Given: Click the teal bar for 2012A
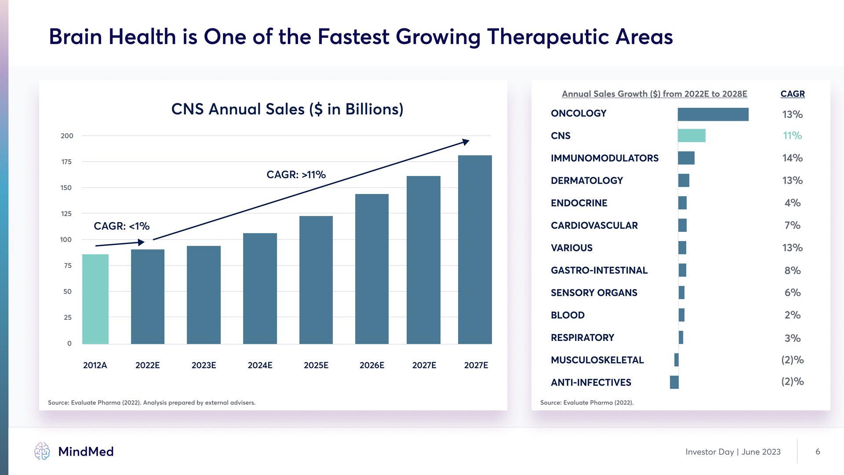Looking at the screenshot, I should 95,299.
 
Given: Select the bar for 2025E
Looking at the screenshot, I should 316,280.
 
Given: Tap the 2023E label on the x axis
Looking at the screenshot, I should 204,365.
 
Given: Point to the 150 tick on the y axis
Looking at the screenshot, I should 66,188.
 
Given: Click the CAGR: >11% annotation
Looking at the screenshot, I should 296,175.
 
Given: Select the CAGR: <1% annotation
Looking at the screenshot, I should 121,226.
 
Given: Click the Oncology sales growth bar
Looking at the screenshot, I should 713,114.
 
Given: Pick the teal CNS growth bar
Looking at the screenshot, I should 691,135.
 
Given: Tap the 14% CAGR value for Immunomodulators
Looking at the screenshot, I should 792,158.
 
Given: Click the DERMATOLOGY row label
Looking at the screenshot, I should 586,180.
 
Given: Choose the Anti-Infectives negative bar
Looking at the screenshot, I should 674,382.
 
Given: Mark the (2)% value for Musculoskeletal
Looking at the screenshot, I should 792,360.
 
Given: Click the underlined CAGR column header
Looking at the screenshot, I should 792,94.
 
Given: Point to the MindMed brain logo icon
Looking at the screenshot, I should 42,451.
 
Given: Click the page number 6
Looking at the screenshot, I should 818,452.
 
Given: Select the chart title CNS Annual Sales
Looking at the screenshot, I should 287,109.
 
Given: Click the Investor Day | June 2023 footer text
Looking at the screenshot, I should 733,452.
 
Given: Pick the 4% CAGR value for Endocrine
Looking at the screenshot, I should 792,203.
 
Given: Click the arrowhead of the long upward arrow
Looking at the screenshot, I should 466,142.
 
